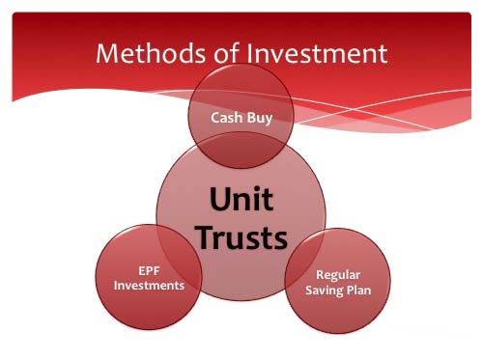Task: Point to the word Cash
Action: [x=227, y=117]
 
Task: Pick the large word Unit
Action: [x=241, y=200]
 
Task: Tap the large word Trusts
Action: [x=241, y=235]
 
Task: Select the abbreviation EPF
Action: [x=149, y=271]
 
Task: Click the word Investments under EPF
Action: [x=149, y=286]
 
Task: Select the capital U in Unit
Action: [x=219, y=200]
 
